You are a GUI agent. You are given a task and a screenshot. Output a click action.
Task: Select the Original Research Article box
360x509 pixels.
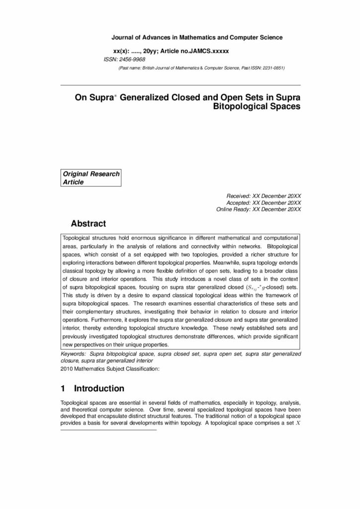91,178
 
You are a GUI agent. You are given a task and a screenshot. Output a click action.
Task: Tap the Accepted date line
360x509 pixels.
264,203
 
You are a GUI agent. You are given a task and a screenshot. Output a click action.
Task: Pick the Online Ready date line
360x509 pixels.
259,210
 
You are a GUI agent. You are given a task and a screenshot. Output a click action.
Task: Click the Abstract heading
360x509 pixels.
88,224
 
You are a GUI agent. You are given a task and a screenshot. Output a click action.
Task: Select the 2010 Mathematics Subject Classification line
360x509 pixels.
109,369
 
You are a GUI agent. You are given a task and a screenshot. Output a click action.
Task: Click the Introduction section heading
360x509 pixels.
99,388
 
